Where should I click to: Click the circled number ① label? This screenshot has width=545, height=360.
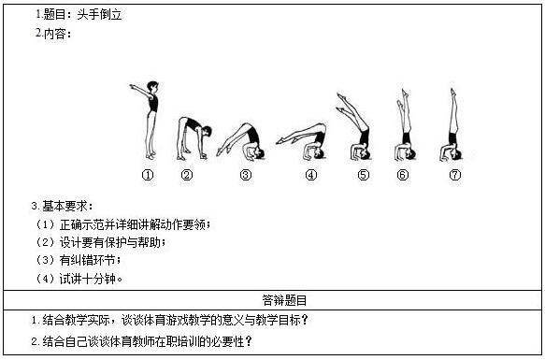(x=148, y=175)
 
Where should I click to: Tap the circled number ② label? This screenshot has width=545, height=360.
(x=187, y=175)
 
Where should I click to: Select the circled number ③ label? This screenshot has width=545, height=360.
(x=246, y=175)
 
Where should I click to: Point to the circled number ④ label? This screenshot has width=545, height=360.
(x=311, y=175)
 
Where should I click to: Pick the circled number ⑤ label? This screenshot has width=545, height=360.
(x=364, y=175)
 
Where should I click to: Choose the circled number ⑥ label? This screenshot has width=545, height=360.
(x=403, y=175)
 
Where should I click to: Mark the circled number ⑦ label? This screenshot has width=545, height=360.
(x=455, y=175)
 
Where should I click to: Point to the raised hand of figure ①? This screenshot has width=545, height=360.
(x=132, y=86)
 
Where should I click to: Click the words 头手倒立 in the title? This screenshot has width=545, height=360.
(x=99, y=15)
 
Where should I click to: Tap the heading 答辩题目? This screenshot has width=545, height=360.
(x=285, y=300)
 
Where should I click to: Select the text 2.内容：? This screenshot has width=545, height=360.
(x=53, y=34)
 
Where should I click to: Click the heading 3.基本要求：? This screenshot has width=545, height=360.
(x=62, y=207)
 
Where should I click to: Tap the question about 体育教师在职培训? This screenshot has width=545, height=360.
(x=141, y=341)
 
